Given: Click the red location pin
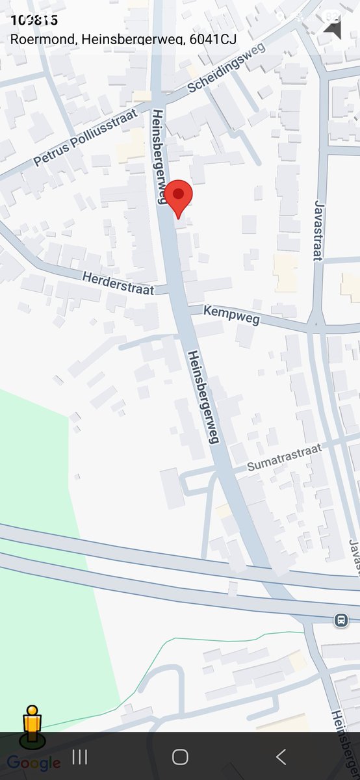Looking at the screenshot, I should [178, 198].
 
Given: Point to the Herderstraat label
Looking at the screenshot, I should [118, 283].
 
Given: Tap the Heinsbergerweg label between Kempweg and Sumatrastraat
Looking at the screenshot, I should [202, 396].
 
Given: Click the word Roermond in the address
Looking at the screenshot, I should [42, 39].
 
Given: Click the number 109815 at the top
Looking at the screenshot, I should [34, 19].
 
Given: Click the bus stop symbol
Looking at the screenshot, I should [341, 620].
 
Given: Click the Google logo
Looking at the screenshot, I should [34, 763].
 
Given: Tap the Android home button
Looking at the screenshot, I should [180, 757].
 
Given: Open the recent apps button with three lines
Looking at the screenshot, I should [79, 757].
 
